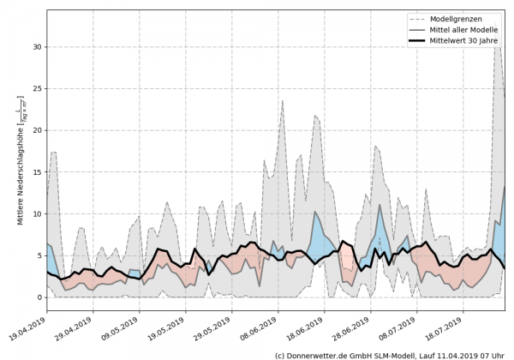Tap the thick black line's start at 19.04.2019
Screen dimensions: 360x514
(47, 271)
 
